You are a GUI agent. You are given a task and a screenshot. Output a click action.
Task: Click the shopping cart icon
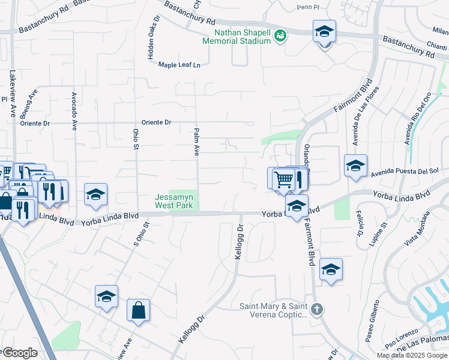[283, 178]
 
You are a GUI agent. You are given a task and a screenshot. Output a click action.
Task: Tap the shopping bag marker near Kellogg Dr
[138, 311]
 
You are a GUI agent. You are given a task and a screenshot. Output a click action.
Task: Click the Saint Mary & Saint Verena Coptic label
[274, 310]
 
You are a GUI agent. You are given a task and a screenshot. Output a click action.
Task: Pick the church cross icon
[317, 310]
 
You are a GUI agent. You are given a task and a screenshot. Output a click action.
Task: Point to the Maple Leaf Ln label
[179, 65]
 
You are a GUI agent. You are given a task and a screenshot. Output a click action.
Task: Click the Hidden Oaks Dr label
[151, 37]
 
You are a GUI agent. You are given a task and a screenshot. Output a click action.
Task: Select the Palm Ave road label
[196, 142]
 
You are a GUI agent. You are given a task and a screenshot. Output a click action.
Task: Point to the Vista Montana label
[418, 232]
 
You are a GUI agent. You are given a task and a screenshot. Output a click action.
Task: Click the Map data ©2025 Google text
[412, 355]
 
